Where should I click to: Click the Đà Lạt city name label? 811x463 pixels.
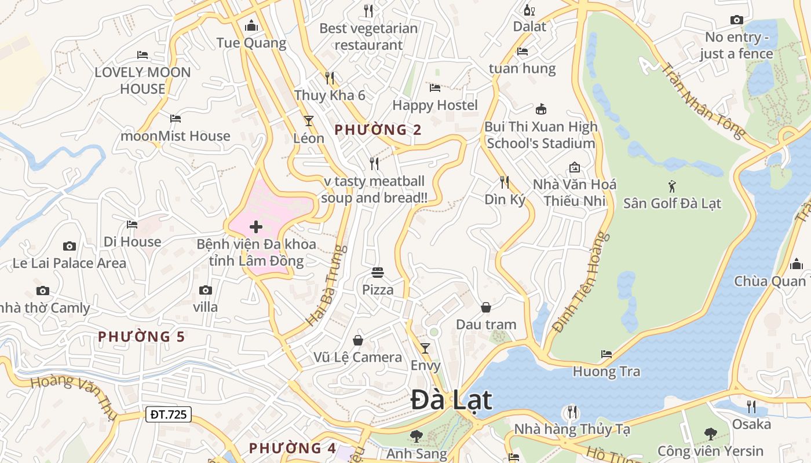451,400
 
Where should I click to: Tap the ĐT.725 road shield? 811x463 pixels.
168,414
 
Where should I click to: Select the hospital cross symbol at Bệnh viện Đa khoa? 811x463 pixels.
255,227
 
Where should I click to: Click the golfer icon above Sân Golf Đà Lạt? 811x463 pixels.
672,186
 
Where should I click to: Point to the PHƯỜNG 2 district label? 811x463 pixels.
378,130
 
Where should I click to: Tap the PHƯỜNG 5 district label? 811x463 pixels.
141,336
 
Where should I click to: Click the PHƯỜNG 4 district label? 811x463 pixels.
293,448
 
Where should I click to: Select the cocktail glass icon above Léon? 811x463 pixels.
308,121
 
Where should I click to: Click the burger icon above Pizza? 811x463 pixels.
378,272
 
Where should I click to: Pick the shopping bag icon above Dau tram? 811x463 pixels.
485,307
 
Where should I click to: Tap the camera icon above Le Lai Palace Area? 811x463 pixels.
69,247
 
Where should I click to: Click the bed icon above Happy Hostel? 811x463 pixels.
435,88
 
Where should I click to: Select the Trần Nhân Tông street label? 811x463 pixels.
703,101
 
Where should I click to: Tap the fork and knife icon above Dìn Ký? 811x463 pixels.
505,182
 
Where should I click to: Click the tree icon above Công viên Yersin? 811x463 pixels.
710,433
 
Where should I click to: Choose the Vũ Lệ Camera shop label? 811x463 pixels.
357,357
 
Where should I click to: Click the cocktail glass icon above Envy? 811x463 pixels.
425,348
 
